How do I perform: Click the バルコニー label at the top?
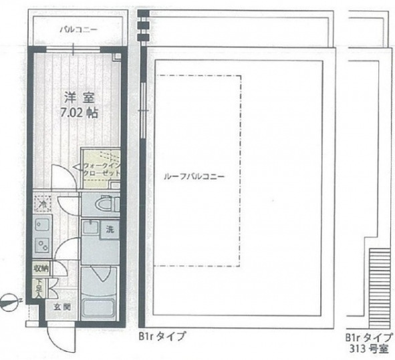(78, 30)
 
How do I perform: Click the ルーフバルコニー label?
(194, 177)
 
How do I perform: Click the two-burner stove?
(41, 244)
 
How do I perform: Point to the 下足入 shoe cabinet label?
(39, 287)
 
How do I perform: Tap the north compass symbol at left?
(9, 301)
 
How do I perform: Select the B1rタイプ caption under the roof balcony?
(162, 335)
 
